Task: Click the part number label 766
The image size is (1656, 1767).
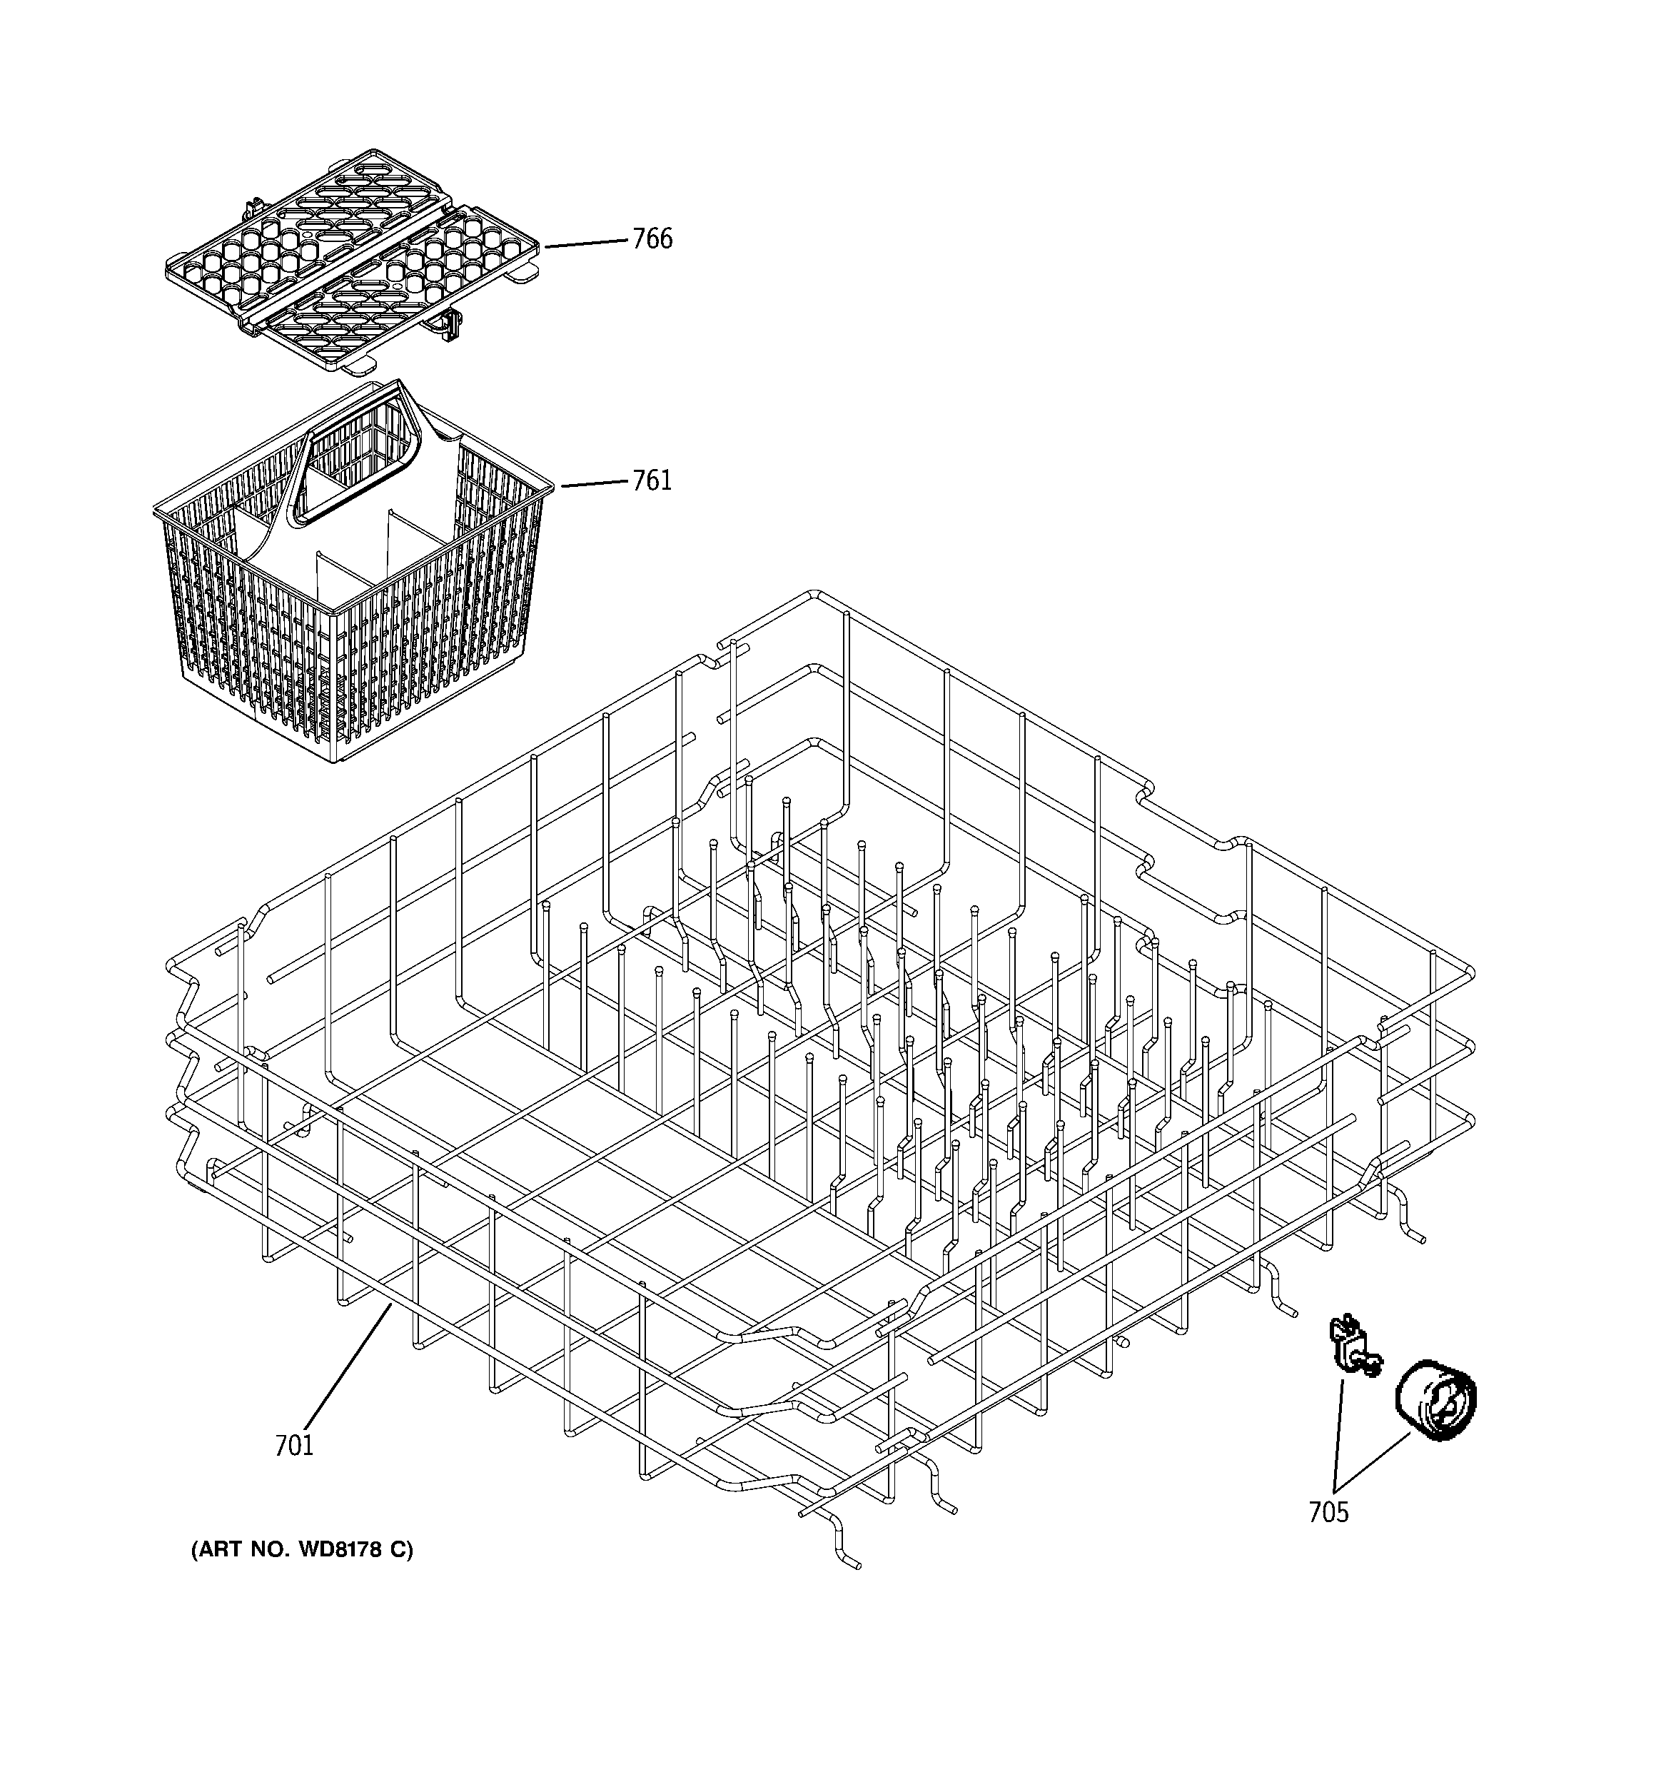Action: click(652, 238)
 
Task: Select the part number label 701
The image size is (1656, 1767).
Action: click(294, 1446)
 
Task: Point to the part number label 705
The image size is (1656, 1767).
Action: click(1328, 1512)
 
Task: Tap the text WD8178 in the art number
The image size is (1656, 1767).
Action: click(341, 1550)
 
